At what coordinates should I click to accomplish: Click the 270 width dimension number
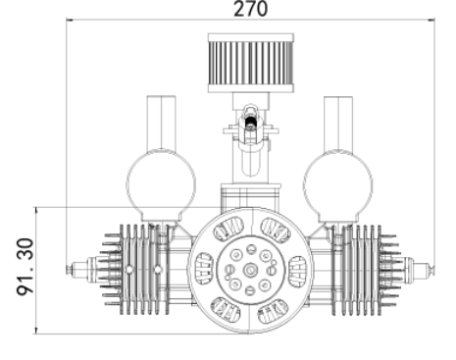[x=251, y=9]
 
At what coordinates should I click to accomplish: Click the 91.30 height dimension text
[x=25, y=267]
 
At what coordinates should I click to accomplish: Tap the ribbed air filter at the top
[x=251, y=63]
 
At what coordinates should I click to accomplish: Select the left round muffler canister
[x=161, y=185]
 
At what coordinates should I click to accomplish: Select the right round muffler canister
[x=337, y=185]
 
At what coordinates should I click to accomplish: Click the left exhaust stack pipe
[x=161, y=123]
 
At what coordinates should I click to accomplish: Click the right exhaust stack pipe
[x=338, y=123]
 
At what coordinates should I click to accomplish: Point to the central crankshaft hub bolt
[x=251, y=270]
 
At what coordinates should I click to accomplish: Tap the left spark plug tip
[x=70, y=269]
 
